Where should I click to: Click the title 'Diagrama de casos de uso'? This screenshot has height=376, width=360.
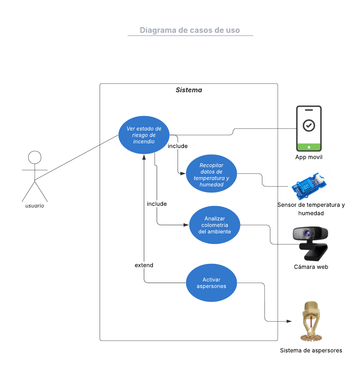(x=190, y=30)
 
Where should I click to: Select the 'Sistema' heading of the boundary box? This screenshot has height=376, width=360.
(x=189, y=90)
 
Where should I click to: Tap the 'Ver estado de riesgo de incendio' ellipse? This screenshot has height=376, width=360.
(x=144, y=135)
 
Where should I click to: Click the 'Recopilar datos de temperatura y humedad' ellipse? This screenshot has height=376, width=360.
(x=212, y=174)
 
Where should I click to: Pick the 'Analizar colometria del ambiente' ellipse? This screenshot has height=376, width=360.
(x=215, y=225)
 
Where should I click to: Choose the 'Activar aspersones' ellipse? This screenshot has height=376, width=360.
(x=212, y=283)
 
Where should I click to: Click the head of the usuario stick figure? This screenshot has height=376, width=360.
(x=35, y=157)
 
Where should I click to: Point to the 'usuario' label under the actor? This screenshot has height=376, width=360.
(x=35, y=206)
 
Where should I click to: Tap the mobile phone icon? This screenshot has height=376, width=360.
(x=309, y=129)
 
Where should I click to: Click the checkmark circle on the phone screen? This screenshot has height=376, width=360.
(x=309, y=125)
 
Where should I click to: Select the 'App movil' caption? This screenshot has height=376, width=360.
(x=309, y=157)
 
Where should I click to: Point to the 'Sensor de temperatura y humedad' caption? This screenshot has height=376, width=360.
(x=311, y=209)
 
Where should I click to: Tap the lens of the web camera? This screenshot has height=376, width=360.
(x=308, y=234)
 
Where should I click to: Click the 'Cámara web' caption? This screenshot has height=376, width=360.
(x=311, y=267)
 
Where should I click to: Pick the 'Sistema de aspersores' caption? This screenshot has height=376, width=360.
(x=311, y=350)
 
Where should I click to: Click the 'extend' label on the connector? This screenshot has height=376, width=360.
(x=144, y=265)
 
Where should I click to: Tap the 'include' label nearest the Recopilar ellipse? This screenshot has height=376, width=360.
(x=178, y=146)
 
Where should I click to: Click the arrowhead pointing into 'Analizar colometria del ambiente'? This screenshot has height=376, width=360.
(x=186, y=225)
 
